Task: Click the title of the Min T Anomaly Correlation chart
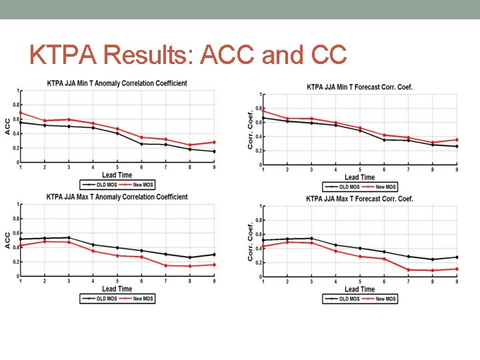117,83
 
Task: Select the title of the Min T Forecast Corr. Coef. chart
360,87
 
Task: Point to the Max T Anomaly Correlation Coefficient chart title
117,197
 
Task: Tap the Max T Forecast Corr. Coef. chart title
360,199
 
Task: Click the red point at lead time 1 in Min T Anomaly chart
20,113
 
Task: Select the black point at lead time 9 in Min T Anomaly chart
214,151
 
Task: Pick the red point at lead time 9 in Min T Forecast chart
457,140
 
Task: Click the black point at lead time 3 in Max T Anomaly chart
69,237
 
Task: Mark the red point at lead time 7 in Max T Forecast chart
408,269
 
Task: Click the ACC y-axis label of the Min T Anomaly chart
7,126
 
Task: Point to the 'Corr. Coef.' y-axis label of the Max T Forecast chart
251,241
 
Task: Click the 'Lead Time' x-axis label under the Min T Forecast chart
360,177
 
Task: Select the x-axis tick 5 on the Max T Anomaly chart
117,281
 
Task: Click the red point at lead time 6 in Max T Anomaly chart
141,257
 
